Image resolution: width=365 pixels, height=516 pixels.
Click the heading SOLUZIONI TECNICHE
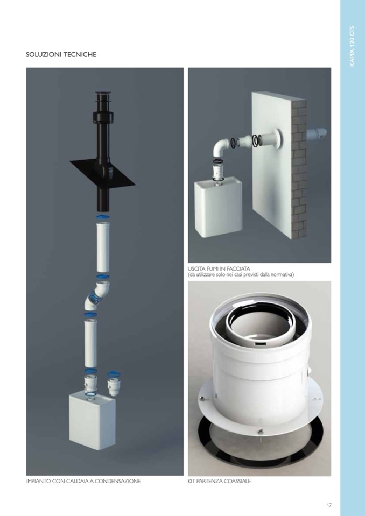point(61,55)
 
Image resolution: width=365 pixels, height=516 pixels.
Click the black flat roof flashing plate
point(103,172)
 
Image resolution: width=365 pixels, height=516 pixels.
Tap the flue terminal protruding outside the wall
point(317,133)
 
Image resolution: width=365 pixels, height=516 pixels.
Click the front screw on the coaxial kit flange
point(260,431)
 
